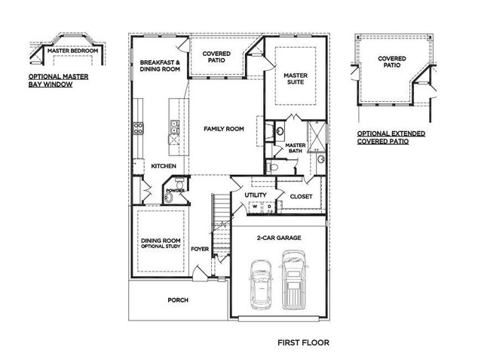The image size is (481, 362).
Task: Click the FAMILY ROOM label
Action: pyautogui.click(x=224, y=129)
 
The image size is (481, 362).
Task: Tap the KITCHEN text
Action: pyautogui.click(x=164, y=166)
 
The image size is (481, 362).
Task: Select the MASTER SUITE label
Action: pyautogui.click(x=296, y=79)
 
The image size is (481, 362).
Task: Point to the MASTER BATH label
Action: pyautogui.click(x=295, y=147)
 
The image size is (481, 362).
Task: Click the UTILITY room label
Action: pyautogui.click(x=255, y=195)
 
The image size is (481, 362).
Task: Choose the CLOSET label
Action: pyautogui.click(x=301, y=196)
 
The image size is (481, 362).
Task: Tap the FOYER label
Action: pyautogui.click(x=199, y=247)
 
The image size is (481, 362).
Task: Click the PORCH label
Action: pyautogui.click(x=178, y=300)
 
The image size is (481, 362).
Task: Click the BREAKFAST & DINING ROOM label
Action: pyautogui.click(x=159, y=65)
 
